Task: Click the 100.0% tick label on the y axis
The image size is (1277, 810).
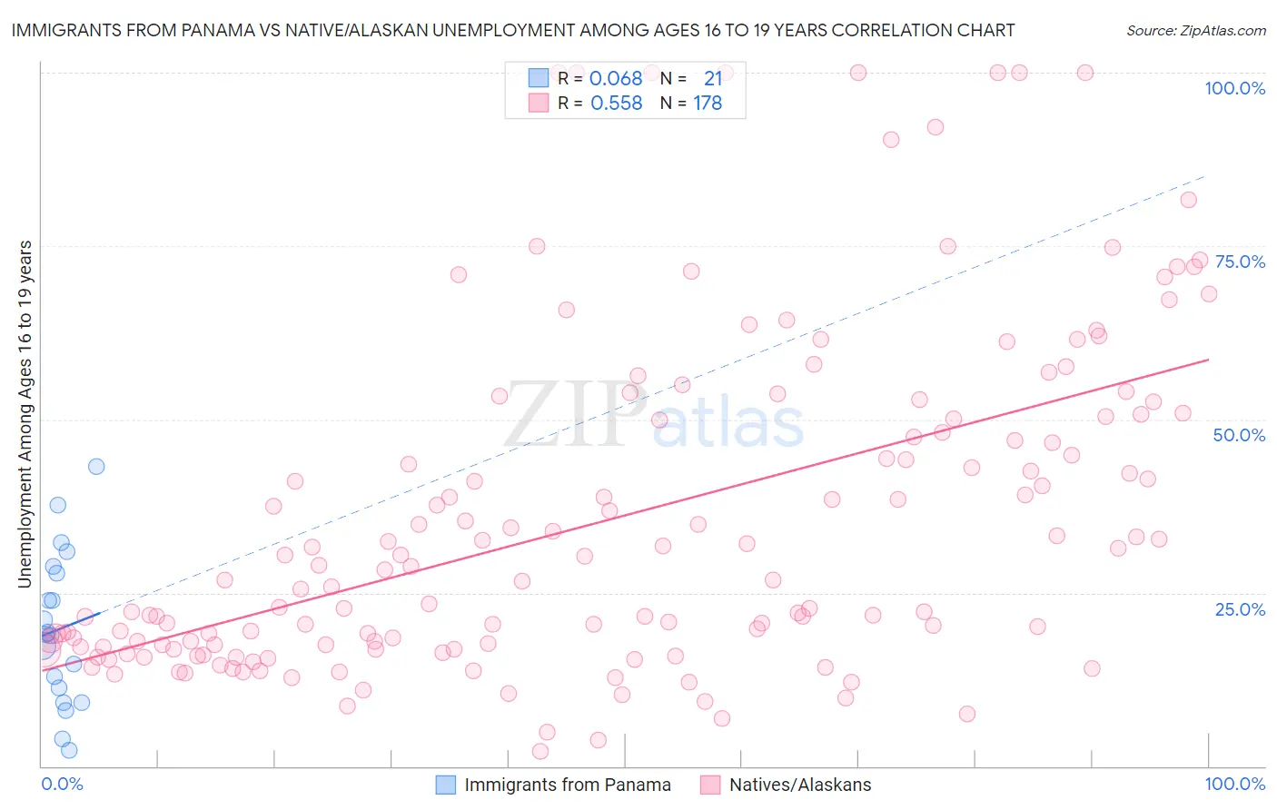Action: coord(1234,88)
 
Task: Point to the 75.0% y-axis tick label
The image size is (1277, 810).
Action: coord(1240,262)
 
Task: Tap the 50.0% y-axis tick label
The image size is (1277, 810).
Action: coord(1239,435)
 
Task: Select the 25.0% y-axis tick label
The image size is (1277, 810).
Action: coord(1240,609)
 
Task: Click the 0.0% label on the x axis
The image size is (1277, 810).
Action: coord(62,784)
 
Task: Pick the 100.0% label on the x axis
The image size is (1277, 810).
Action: coord(1234,784)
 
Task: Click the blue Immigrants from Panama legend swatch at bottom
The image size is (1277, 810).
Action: coord(445,785)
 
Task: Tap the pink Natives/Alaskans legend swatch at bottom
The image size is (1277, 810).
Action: coord(710,785)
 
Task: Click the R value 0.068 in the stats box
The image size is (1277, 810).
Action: coord(616,79)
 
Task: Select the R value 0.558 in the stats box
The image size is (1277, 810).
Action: coord(616,104)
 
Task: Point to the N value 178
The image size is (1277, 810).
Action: coord(708,104)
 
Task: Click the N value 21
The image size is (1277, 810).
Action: coord(713,79)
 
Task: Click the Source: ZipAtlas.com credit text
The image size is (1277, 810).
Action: coord(1195,30)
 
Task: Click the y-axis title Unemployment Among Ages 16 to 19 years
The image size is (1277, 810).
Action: coord(25,414)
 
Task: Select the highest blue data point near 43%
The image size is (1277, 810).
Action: coord(96,467)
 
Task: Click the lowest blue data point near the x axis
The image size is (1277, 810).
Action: coord(69,750)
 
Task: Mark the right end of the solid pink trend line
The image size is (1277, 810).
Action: coord(1209,360)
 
